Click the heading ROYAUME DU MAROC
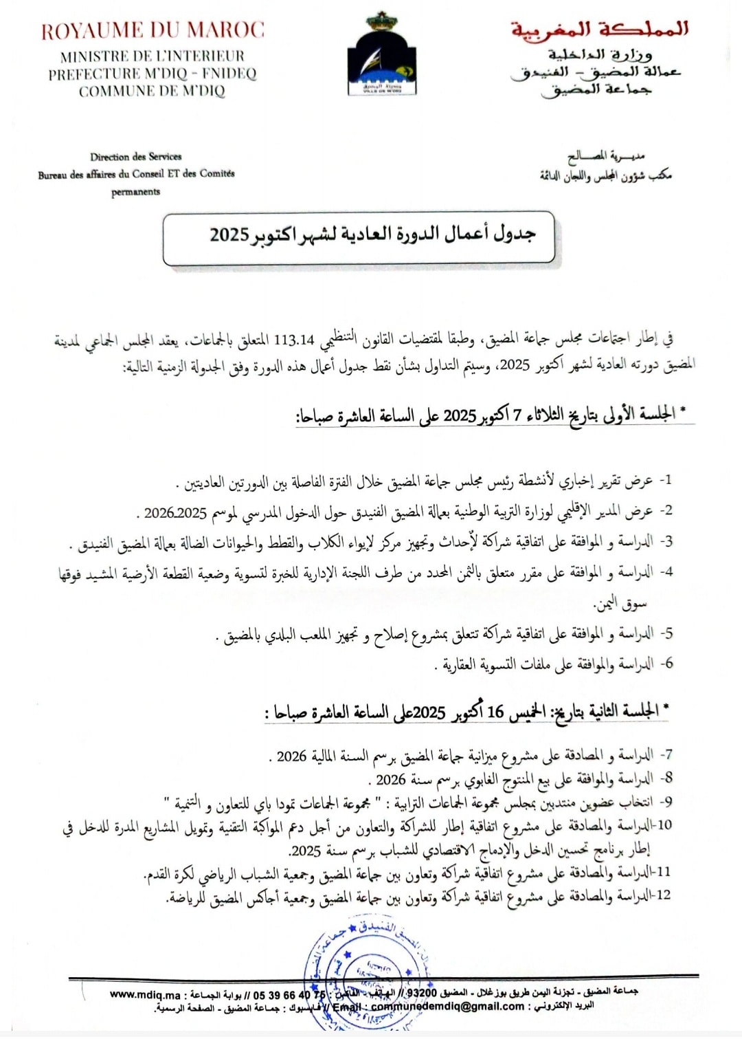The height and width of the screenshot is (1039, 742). pos(152,31)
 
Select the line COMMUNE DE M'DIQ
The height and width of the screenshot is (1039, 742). pos(152,91)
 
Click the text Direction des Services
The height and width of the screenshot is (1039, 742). pos(136,157)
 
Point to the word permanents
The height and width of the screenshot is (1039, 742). pos(136,192)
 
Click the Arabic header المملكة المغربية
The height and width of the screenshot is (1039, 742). pos(598,30)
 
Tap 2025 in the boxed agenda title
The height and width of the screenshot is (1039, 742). pos(229,234)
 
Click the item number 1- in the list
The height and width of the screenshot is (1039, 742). pos(665,480)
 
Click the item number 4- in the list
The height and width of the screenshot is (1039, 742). pos(665,572)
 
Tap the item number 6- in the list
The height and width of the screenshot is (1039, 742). pos(665,664)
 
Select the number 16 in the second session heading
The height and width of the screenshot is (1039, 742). pos(495,712)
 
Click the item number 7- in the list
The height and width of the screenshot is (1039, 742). pos(665,755)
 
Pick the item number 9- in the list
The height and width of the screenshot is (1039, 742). pos(665,802)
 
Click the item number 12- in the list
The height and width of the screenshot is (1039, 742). pos(662,895)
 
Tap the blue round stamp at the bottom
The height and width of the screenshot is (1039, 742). pos(364,970)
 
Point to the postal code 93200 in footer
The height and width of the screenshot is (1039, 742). pos(421,992)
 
